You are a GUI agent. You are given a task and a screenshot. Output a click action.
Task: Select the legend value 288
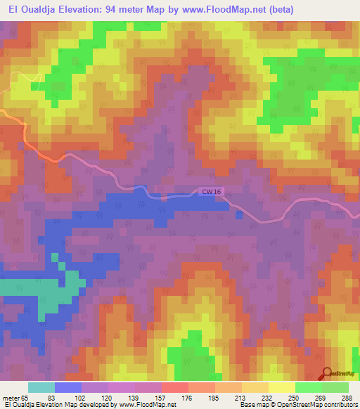click(x=347, y=398)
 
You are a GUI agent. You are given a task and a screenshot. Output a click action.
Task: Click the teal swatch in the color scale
click(x=41, y=387)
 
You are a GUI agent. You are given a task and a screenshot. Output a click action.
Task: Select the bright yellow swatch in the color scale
click(x=281, y=387)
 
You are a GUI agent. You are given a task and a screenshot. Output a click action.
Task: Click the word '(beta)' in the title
click(x=279, y=9)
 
